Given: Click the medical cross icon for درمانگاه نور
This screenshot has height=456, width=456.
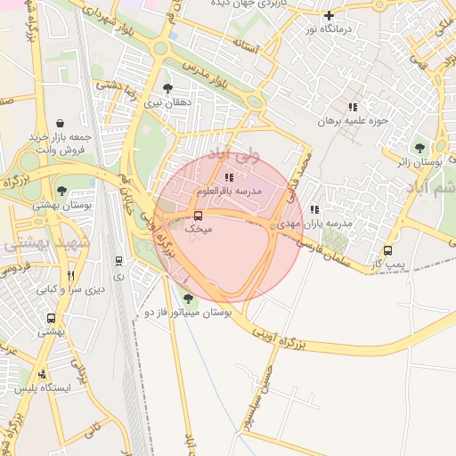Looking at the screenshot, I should coord(329,15).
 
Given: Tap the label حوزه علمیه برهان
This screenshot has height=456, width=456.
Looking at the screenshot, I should coord(356,120).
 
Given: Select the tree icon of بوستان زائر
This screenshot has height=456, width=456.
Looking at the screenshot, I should coord(419,148).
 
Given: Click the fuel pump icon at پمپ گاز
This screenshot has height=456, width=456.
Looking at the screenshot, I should coord(387,251).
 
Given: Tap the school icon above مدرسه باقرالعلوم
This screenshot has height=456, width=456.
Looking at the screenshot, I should coord(230,177).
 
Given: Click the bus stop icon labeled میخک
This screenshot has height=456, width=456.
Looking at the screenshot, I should coord(198,216).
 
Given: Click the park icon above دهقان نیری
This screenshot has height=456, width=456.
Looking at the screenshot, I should coord(167,88).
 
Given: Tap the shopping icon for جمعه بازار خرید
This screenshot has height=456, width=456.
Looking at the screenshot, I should coord(60,123).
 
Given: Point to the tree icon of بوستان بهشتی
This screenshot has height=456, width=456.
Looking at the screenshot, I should coord(61,190).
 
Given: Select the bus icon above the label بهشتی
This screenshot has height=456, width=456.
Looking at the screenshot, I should coord(51,318).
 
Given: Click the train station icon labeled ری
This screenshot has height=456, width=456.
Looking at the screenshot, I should coord(118,261).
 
